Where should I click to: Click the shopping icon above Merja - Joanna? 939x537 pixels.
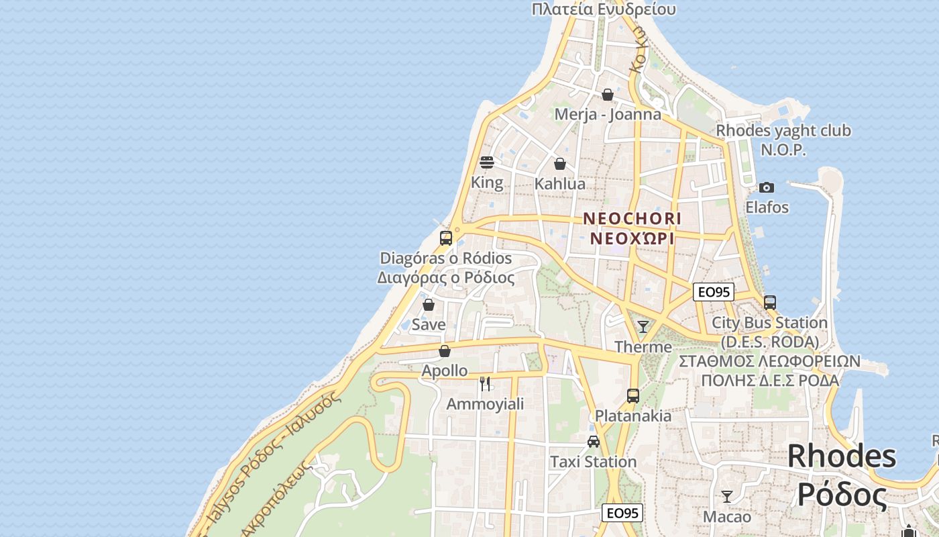608,95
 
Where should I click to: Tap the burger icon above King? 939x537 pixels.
487,162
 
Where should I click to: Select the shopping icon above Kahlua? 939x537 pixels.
560,164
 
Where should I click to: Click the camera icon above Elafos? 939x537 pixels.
767,187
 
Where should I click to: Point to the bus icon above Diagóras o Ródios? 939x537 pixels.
446,238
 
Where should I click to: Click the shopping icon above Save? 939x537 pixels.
429,305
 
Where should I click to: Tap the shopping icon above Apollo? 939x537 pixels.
445,351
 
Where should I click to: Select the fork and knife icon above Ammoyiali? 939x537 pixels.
485,384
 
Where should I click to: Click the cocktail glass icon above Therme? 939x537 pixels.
643,327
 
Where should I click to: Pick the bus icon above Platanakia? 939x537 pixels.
633,396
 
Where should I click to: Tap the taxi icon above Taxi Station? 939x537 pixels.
594,442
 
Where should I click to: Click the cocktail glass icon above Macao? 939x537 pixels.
727,497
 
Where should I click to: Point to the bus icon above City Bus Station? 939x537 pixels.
770,303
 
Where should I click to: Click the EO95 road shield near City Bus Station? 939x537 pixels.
714,292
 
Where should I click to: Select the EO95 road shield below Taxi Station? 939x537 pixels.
622,514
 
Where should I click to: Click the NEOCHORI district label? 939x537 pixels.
632,219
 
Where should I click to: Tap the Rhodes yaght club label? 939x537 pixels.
783,131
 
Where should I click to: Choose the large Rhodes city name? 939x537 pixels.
842,456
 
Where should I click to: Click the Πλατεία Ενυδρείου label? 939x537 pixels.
604,9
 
